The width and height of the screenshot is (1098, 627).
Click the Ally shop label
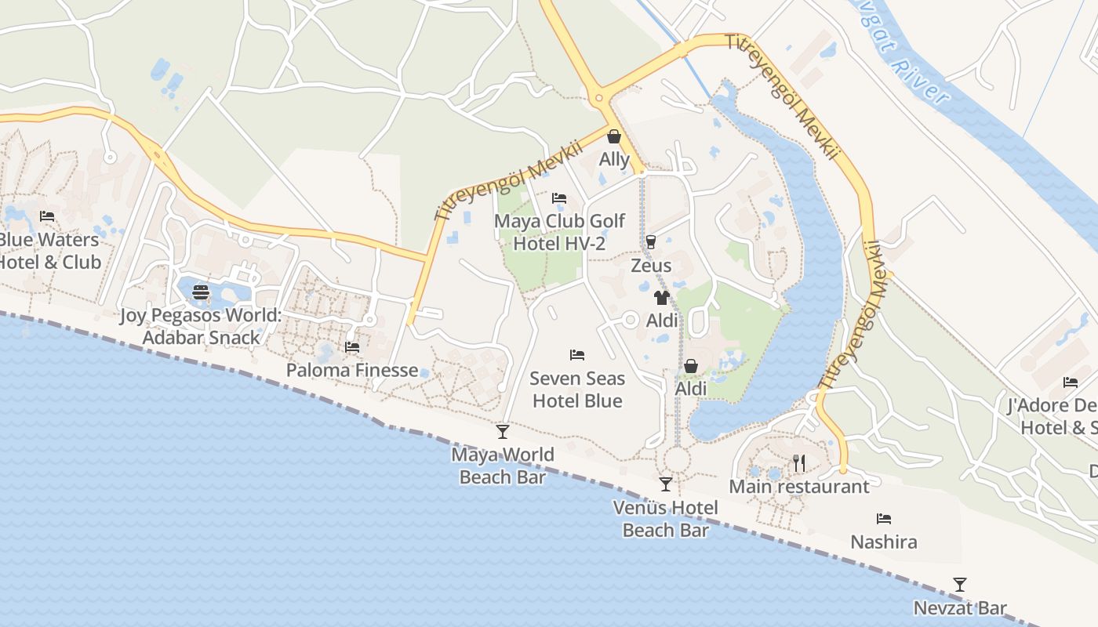click(x=614, y=159)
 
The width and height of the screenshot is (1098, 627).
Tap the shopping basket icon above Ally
click(x=614, y=137)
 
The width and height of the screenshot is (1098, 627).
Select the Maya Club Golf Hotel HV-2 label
click(x=559, y=232)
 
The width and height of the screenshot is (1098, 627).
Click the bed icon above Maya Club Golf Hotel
click(x=559, y=198)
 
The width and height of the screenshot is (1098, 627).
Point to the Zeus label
click(x=651, y=265)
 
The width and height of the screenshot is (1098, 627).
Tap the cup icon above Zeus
click(x=650, y=242)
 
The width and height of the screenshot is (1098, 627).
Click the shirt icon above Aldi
click(x=662, y=298)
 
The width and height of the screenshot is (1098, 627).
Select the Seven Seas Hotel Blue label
click(x=577, y=390)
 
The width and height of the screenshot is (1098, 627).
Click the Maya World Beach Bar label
click(x=503, y=466)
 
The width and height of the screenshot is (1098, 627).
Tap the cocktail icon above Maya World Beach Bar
click(x=503, y=432)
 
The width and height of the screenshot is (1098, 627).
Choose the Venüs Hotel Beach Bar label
click(x=666, y=519)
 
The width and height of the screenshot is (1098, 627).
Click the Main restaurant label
click(x=799, y=487)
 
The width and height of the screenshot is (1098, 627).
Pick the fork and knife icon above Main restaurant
click(x=799, y=463)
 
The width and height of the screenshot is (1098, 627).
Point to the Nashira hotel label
click(x=884, y=542)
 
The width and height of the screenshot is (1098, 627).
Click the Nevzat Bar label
click(x=960, y=608)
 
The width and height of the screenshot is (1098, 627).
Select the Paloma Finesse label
click(x=352, y=370)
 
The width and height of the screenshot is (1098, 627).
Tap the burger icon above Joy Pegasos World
click(x=201, y=293)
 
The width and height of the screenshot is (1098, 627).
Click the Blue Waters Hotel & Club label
click(x=49, y=251)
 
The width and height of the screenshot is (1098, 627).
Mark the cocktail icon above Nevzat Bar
click(x=959, y=585)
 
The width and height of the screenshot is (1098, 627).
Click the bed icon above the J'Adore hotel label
click(x=1071, y=382)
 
